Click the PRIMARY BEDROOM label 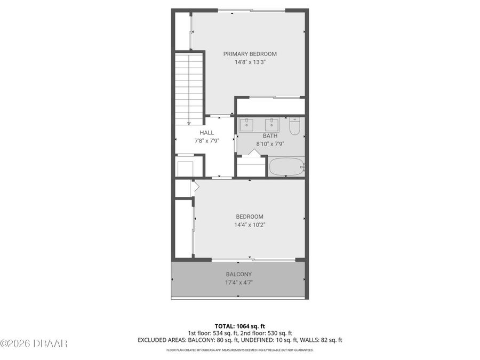click(250, 54)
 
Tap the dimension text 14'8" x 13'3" click(250, 62)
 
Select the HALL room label click(206, 133)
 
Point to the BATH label click(270, 136)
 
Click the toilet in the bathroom click(295, 127)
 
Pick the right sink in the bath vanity click(273, 125)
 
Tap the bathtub click(286, 167)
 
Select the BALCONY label click(238, 274)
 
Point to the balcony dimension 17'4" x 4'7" click(238, 283)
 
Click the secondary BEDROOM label click(250, 217)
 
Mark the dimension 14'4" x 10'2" click(250, 225)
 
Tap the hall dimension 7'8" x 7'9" click(206, 141)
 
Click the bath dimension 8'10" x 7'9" click(270, 144)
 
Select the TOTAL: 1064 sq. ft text click(239, 325)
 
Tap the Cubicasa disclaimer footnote click(239, 350)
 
